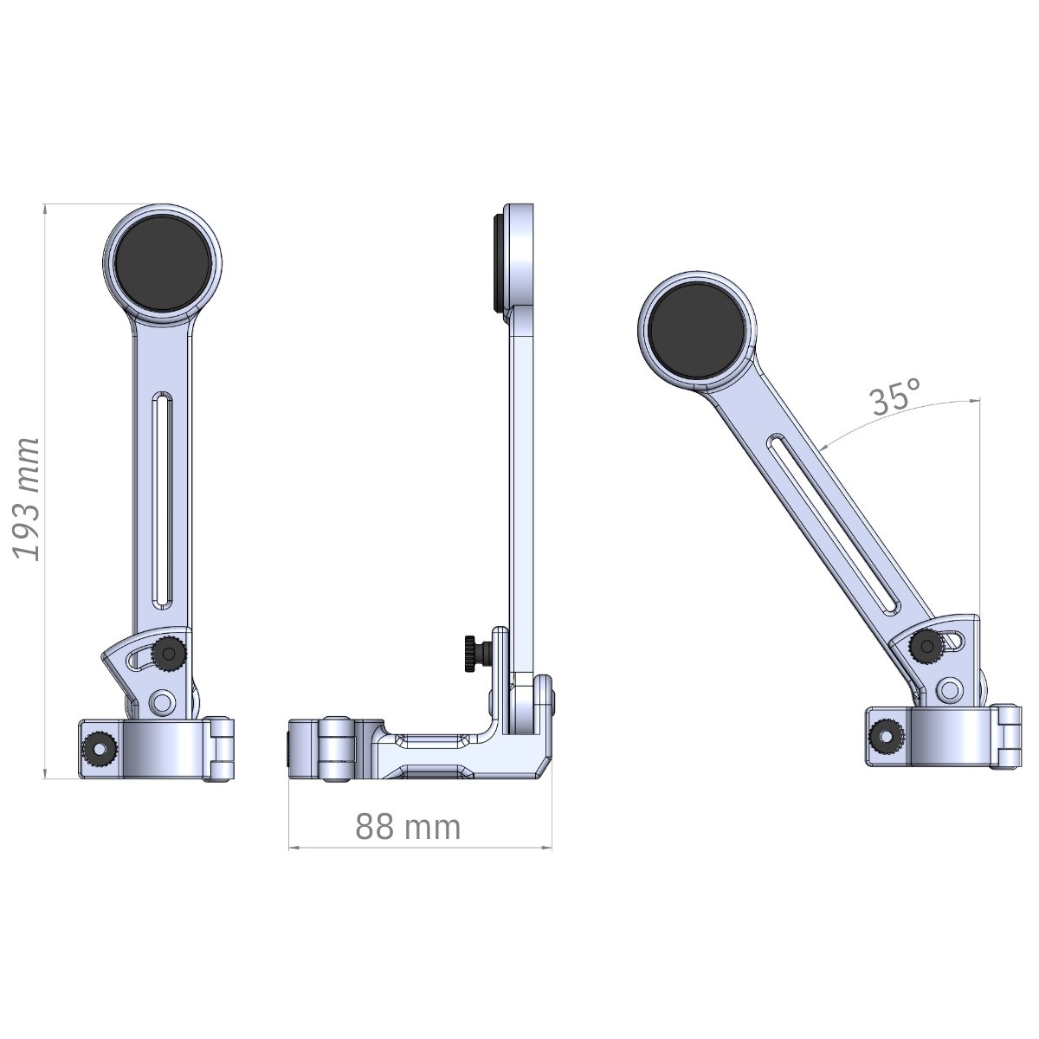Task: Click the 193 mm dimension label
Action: tap(27, 500)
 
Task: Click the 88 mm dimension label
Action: tap(408, 827)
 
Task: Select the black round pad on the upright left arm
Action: tap(162, 263)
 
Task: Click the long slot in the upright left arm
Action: tap(162, 500)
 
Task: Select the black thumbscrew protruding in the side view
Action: tap(476, 654)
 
